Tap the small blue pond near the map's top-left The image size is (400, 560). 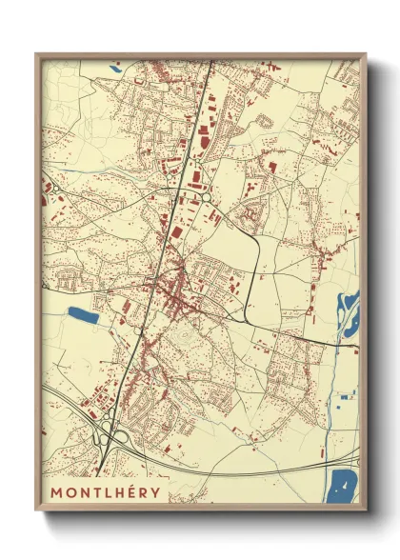[116, 68]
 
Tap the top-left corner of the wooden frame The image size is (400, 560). [36, 53]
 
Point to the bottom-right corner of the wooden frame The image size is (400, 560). [366, 510]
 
